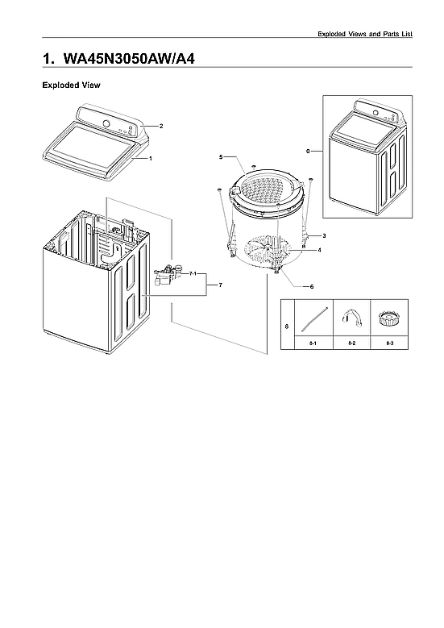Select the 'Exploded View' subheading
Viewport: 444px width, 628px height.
pyautogui.click(x=70, y=85)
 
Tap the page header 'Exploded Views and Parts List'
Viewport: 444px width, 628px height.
pyautogui.click(x=365, y=34)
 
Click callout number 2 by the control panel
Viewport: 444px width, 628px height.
pyautogui.click(x=161, y=127)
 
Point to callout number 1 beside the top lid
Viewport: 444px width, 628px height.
pyautogui.click(x=150, y=159)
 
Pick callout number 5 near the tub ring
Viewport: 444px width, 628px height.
pyautogui.click(x=220, y=156)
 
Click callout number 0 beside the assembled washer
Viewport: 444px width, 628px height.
pyautogui.click(x=309, y=151)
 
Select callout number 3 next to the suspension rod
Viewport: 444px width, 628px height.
pyautogui.click(x=323, y=235)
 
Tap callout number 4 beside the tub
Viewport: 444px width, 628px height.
pyautogui.click(x=319, y=251)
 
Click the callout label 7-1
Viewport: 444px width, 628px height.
pyautogui.click(x=193, y=275)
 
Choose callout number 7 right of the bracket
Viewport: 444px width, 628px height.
pyautogui.click(x=220, y=286)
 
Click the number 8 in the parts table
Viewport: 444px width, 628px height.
pyautogui.click(x=287, y=326)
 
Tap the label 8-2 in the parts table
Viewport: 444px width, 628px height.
pyautogui.click(x=351, y=343)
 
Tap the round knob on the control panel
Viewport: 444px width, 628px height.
pyautogui.click(x=106, y=124)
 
